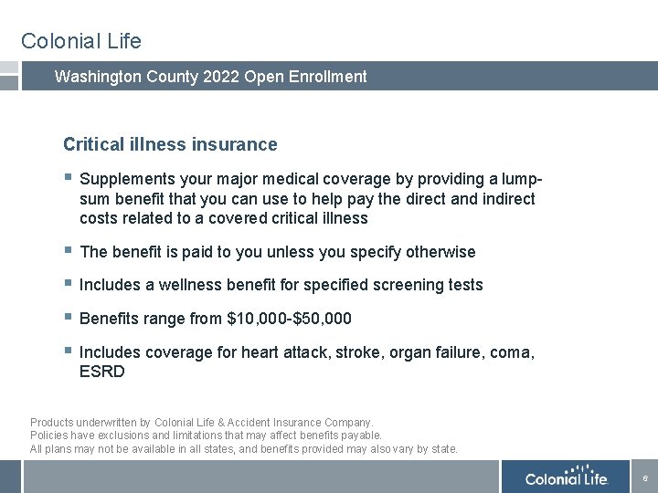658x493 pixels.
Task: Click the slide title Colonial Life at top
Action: (81, 41)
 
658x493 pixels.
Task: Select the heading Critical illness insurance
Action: (170, 144)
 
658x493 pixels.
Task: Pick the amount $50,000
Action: (322, 319)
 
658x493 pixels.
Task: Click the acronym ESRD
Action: (101, 372)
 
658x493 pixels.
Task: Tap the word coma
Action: (513, 352)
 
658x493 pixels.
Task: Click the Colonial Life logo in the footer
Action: (566, 477)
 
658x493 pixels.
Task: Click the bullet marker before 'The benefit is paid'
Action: (68, 251)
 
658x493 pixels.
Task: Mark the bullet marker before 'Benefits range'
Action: (68, 318)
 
